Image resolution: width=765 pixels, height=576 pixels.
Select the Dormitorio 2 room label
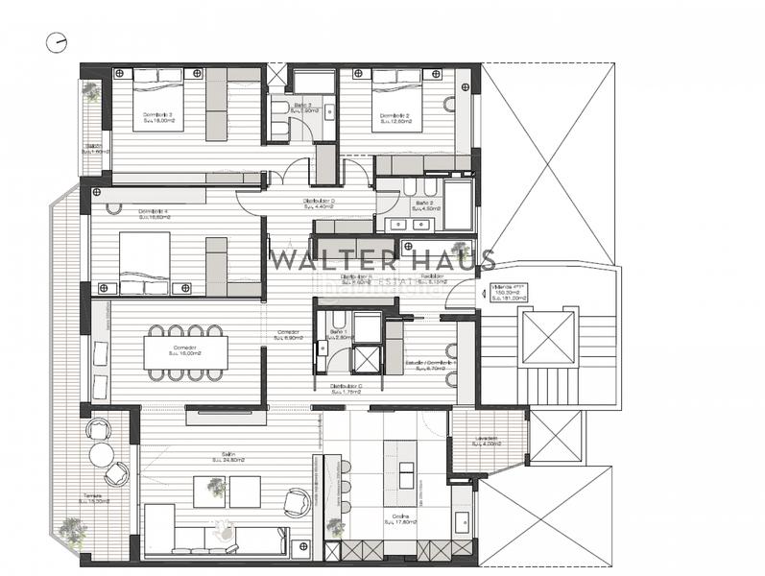click(x=395, y=117)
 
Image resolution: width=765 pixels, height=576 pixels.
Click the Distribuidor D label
click(x=318, y=202)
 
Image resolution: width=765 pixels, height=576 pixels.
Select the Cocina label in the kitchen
click(x=396, y=519)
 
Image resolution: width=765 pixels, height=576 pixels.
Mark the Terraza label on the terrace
click(x=94, y=497)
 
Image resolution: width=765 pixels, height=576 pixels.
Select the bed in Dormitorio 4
click(x=146, y=262)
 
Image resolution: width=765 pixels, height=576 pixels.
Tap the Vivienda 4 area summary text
click(x=508, y=292)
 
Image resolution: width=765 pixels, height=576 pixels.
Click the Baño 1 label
click(x=338, y=333)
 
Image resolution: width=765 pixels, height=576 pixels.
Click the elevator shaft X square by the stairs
click(x=547, y=338)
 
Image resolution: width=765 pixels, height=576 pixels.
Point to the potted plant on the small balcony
click(x=91, y=92)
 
